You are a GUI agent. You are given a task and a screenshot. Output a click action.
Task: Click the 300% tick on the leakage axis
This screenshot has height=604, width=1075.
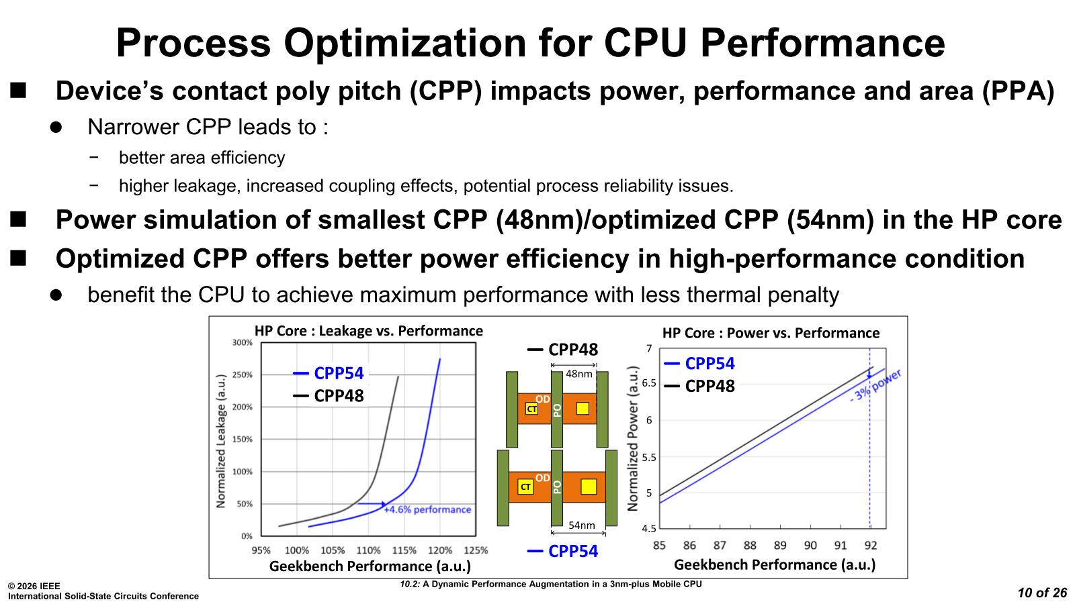243,343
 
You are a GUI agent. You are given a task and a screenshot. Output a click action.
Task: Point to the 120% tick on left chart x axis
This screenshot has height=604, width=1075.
439,550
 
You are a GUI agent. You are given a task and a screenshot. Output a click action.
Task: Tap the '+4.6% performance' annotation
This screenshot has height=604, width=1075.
427,510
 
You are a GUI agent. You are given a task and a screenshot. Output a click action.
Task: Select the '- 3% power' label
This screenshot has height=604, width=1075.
875,385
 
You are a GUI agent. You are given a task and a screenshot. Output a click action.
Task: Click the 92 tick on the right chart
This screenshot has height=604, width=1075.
871,546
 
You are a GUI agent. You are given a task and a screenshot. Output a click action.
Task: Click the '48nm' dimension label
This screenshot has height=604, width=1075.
578,374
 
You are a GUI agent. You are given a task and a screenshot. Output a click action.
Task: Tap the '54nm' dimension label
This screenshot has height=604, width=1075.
582,525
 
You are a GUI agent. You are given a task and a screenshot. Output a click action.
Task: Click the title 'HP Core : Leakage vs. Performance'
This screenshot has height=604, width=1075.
368,331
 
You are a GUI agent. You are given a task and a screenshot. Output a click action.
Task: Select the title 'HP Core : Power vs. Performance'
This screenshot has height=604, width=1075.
771,333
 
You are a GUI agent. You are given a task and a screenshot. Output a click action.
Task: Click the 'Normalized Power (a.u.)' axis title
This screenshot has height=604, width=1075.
633,438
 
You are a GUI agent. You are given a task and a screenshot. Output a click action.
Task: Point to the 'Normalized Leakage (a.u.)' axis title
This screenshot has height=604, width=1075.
220,440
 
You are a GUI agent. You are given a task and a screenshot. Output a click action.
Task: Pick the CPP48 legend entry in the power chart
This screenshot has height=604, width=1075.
699,387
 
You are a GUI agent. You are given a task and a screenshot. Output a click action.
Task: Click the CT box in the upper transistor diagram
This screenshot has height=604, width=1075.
531,409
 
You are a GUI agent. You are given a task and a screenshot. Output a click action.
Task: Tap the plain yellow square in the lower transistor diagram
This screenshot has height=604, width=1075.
588,487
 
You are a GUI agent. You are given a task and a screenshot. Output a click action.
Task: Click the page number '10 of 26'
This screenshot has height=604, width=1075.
1042,593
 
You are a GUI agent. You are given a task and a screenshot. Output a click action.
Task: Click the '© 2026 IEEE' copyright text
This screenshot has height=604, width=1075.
34,587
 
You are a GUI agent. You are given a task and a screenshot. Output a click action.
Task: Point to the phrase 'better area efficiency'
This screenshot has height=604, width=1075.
202,158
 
